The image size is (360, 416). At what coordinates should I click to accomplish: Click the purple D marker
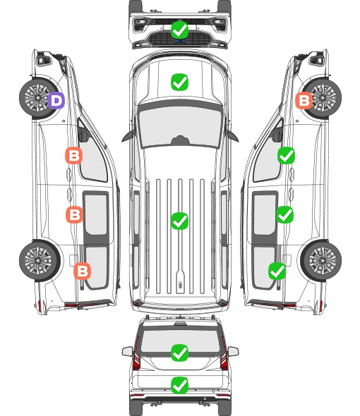56,100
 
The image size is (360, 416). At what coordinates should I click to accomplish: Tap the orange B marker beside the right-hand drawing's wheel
304,100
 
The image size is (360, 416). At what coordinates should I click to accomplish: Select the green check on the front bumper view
179,30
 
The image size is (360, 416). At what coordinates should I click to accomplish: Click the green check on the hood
179,82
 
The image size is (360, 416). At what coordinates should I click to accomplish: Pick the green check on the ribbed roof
179,221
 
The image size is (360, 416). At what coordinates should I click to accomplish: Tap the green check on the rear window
179,353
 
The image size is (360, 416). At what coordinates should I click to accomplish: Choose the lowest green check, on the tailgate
179,385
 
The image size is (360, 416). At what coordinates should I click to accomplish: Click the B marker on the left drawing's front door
73,155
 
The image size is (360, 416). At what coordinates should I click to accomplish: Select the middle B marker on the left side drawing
74,214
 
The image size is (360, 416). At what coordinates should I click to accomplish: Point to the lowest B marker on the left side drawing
82,271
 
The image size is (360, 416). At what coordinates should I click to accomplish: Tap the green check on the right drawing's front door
286,155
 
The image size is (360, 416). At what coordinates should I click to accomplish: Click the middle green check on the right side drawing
284,214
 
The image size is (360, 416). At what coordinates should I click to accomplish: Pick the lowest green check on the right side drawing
277,271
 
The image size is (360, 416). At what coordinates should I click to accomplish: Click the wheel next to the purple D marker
37,98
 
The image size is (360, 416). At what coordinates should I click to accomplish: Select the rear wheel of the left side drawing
39,260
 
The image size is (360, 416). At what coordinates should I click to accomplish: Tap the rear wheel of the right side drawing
322,260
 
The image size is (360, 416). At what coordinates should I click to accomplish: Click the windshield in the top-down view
180,125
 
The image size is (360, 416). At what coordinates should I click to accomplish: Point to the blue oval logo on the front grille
180,41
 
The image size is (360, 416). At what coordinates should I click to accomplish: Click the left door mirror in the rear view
127,352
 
